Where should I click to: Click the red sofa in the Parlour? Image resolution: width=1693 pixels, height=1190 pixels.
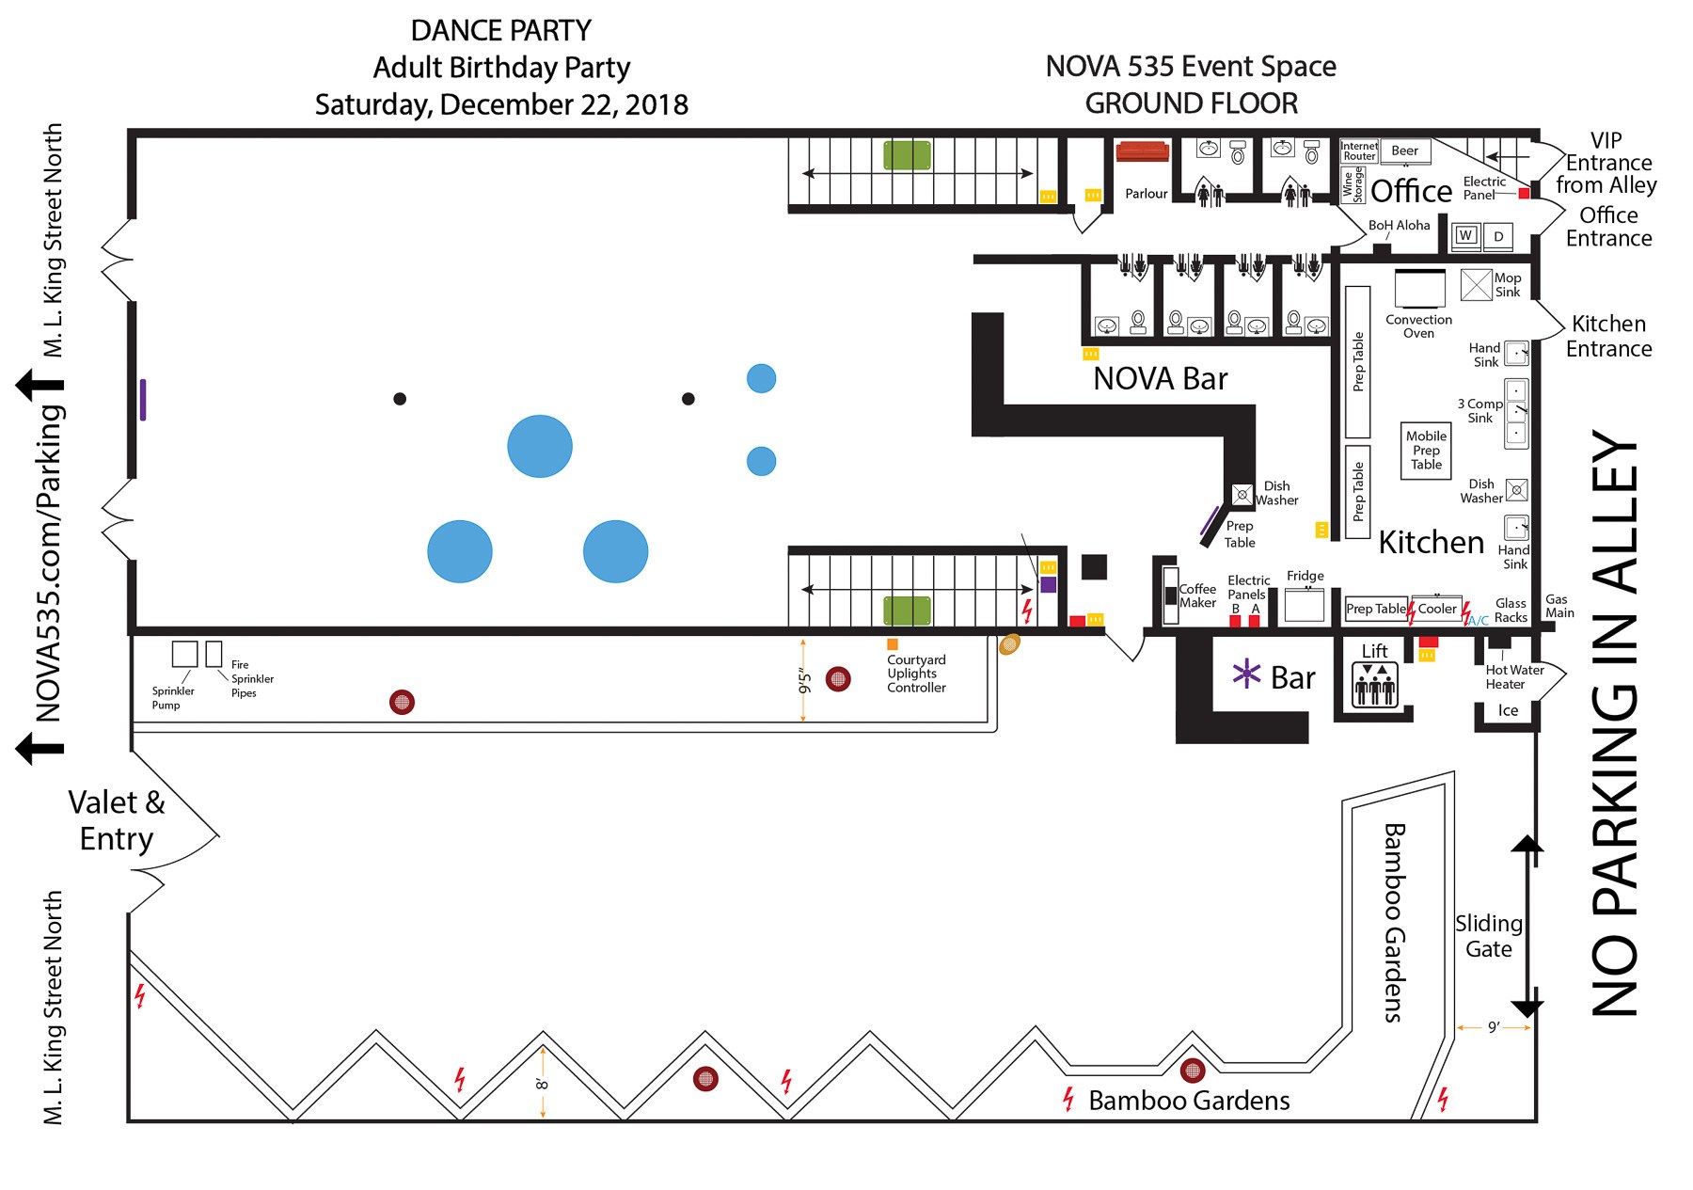click(x=1142, y=151)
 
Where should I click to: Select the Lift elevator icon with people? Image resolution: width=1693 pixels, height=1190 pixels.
click(x=1374, y=686)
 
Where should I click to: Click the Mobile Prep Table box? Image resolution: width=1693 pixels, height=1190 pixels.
click(x=1426, y=451)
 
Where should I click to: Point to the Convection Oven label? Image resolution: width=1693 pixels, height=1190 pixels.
click(x=1418, y=326)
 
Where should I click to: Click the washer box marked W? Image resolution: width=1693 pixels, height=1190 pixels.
click(x=1465, y=235)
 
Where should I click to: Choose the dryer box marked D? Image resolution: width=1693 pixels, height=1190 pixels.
click(x=1498, y=236)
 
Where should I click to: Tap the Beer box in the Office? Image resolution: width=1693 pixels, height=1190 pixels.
click(x=1404, y=151)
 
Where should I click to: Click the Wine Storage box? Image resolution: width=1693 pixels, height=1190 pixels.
click(x=1352, y=185)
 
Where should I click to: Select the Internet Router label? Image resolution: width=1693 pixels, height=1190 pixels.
click(x=1359, y=151)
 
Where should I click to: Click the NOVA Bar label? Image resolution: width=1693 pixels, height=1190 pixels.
click(x=1160, y=378)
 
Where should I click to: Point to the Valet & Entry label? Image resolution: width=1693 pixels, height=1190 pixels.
click(x=117, y=820)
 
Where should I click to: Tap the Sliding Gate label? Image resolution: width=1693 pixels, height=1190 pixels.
click(x=1488, y=936)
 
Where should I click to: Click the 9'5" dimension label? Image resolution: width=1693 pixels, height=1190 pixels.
click(x=803, y=680)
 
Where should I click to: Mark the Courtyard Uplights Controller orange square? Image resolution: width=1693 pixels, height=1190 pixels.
click(x=892, y=644)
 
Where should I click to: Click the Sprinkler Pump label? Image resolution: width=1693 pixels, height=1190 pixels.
click(x=172, y=697)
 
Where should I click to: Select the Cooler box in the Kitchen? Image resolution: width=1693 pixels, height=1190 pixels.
click(x=1437, y=609)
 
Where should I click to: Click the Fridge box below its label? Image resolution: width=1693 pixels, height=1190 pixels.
click(x=1304, y=605)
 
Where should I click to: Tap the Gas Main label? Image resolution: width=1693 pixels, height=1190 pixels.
click(x=1559, y=606)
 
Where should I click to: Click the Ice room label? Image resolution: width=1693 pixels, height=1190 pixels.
click(x=1508, y=710)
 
